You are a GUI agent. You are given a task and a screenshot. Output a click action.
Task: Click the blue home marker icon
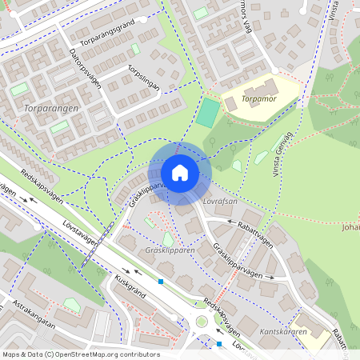[180, 173]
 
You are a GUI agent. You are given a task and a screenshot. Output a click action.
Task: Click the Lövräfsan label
[220, 202]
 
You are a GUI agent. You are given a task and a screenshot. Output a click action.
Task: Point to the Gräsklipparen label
[170, 250]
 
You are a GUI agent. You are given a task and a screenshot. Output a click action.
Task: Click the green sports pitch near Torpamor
[207, 112]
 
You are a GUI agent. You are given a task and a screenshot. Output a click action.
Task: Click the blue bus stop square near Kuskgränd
[161, 282]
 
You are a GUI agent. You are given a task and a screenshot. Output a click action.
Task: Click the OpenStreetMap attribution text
[81, 354]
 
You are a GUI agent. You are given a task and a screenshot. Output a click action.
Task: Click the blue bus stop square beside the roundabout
[219, 344]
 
